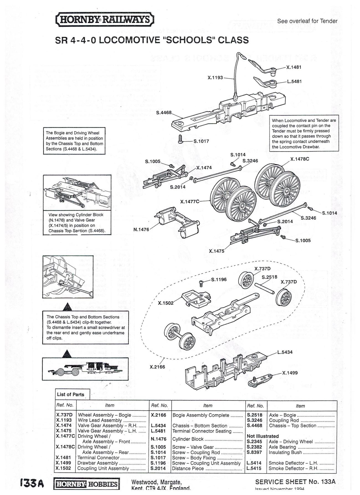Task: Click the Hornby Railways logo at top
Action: [105, 20]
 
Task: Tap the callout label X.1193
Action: [215, 78]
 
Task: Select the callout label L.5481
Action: [294, 81]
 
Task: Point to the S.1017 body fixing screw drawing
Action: [180, 139]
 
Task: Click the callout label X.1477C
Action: [190, 202]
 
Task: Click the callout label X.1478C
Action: [300, 159]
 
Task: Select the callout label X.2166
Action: [157, 367]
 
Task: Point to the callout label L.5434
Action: [285, 352]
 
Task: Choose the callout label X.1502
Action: [166, 303]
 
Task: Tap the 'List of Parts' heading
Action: [70, 395]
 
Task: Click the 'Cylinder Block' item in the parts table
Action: [188, 439]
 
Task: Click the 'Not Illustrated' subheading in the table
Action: [263, 436]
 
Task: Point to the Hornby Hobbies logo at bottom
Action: [87, 484]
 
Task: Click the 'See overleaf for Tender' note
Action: [307, 21]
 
